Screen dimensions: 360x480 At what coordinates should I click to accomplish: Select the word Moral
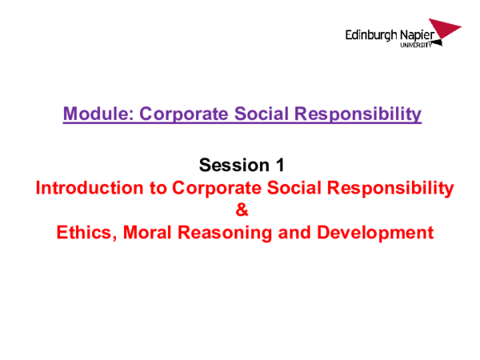tap(155, 234)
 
